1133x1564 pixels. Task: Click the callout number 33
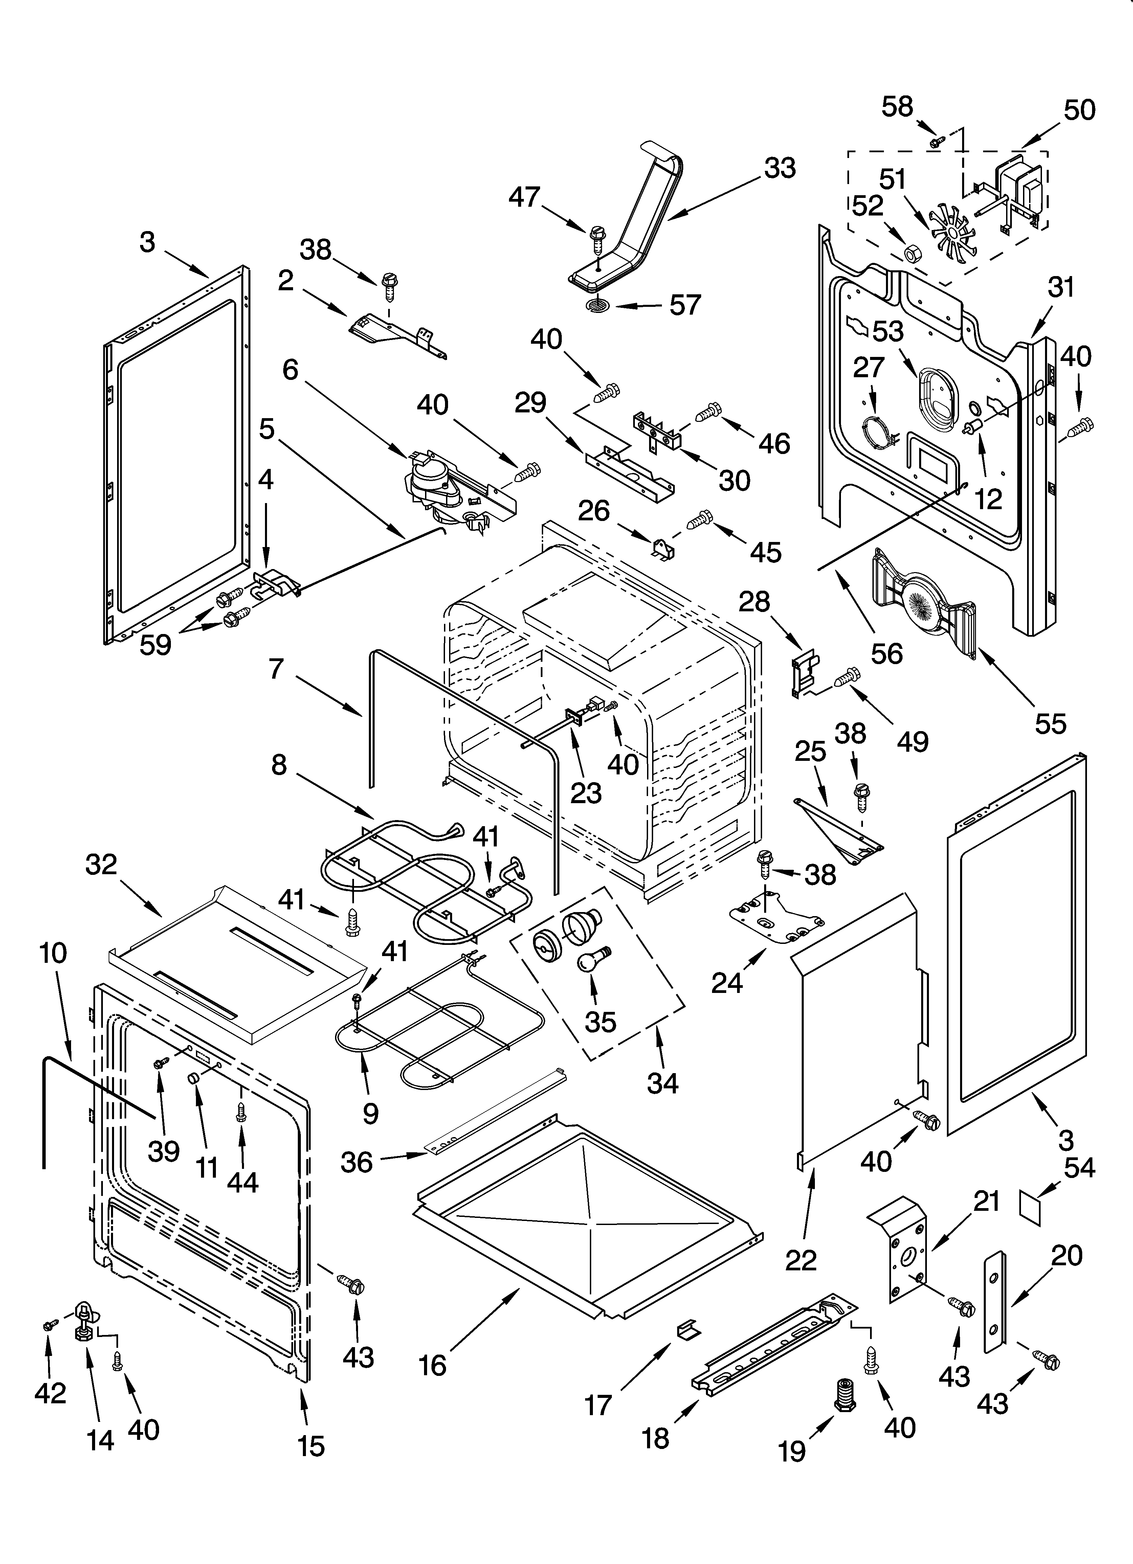tap(780, 168)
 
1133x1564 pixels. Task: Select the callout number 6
tap(290, 370)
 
